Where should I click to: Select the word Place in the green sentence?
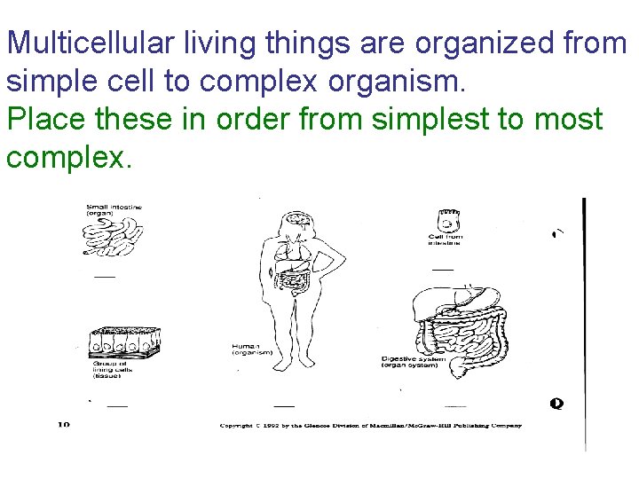(45, 119)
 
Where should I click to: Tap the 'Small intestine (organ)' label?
(114, 210)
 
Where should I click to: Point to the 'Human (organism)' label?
(252, 349)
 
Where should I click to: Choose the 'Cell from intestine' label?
(446, 239)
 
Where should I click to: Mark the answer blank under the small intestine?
(105, 277)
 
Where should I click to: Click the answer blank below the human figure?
(284, 405)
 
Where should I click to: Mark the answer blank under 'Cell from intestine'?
(442, 270)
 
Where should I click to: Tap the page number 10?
(63, 424)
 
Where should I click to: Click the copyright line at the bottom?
(371, 426)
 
